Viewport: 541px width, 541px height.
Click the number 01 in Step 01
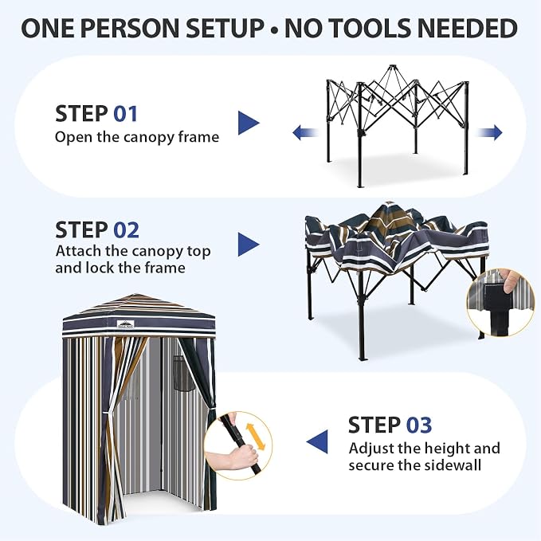pos(126,114)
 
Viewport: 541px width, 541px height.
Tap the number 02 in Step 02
pos(126,230)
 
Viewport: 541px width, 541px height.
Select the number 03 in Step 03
pos(419,425)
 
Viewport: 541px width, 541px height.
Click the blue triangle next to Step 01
pos(249,123)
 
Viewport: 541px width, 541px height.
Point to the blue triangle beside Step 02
pos(249,245)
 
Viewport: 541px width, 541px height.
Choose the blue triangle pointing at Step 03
pos(317,441)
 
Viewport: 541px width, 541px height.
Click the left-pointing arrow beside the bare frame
pos(305,133)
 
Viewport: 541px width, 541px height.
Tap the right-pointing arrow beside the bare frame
pos(489,132)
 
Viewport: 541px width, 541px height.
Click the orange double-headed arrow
pos(255,437)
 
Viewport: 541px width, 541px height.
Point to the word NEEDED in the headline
pos(468,29)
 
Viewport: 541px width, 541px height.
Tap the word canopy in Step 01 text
pos(149,138)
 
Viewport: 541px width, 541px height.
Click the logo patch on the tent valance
pos(125,324)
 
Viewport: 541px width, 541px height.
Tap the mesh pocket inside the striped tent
pos(183,373)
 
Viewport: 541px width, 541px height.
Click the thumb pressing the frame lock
pos(510,281)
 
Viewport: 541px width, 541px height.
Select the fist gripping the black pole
pos(245,457)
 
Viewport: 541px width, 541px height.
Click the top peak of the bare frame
pos(391,67)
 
